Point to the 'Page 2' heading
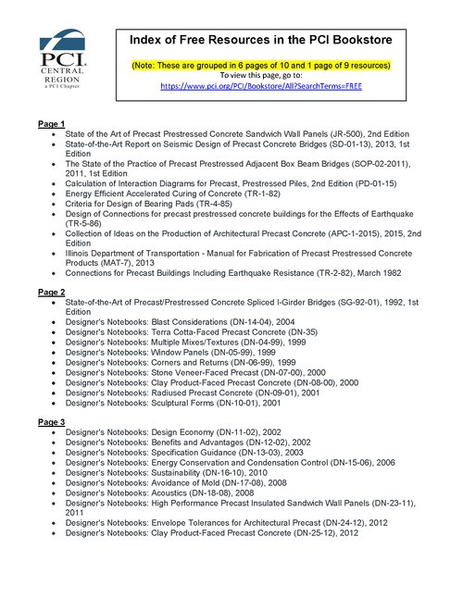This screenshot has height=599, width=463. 51,291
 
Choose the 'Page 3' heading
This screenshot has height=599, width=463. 51,422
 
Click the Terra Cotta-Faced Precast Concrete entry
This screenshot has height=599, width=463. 200,334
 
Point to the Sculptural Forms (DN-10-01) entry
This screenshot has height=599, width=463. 181,404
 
